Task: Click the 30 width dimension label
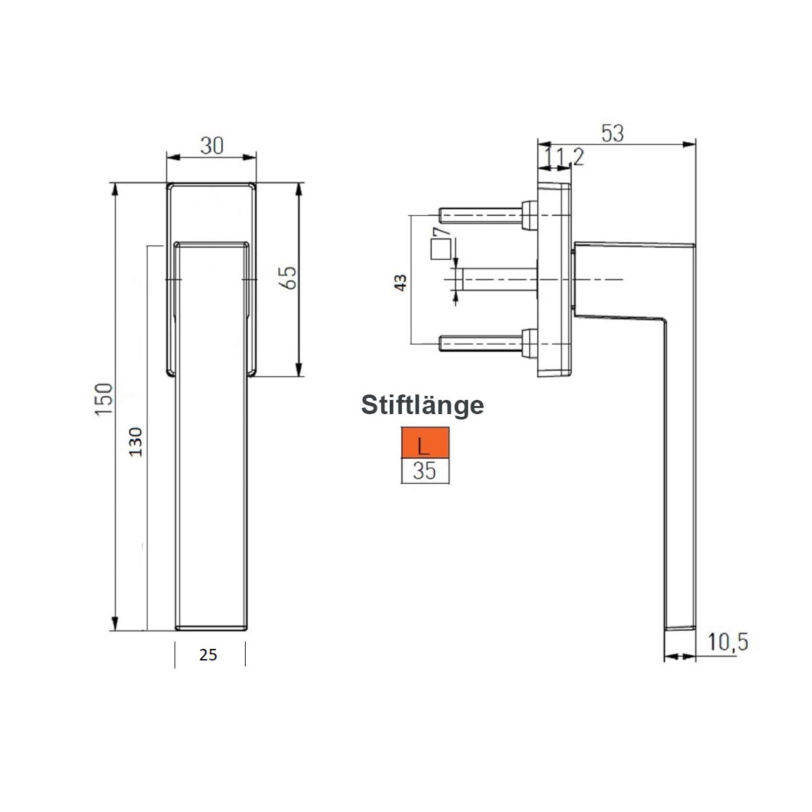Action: pyautogui.click(x=212, y=145)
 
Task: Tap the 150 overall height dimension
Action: pyautogui.click(x=104, y=399)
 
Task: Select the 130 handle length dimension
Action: pyautogui.click(x=136, y=442)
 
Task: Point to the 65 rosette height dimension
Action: pyautogui.click(x=288, y=277)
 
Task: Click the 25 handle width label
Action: pyautogui.click(x=208, y=655)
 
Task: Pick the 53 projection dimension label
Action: pyautogui.click(x=612, y=133)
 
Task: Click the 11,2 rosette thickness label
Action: pyautogui.click(x=564, y=157)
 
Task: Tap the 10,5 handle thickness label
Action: pyautogui.click(x=728, y=641)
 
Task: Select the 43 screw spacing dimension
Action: pyautogui.click(x=401, y=282)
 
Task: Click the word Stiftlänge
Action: pyautogui.click(x=422, y=405)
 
